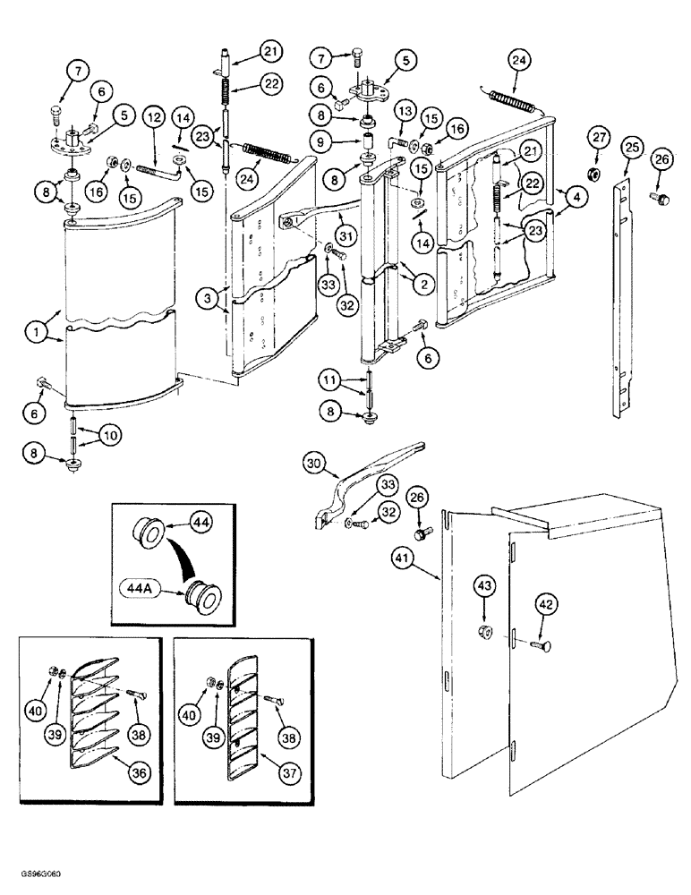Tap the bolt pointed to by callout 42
pyautogui.click(x=540, y=646)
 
